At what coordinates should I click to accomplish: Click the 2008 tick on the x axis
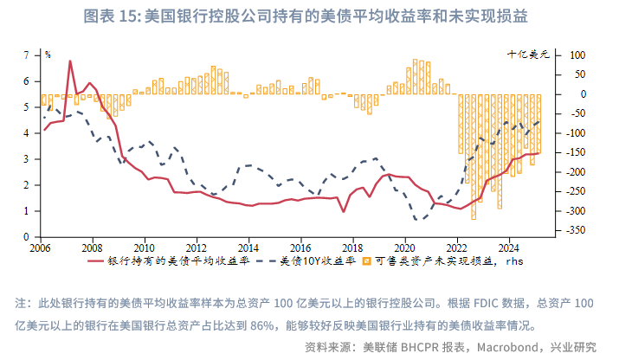pos(92,245)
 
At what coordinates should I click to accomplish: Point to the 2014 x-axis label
pos(248,245)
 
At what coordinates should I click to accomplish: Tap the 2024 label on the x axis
pos(509,245)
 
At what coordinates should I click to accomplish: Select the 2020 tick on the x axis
pos(405,245)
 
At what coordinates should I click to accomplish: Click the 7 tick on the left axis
pos(29,55)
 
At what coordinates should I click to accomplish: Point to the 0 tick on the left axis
pos(29,236)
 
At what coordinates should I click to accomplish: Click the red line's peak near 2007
pos(69,61)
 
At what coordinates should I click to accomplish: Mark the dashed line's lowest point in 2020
pos(420,220)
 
